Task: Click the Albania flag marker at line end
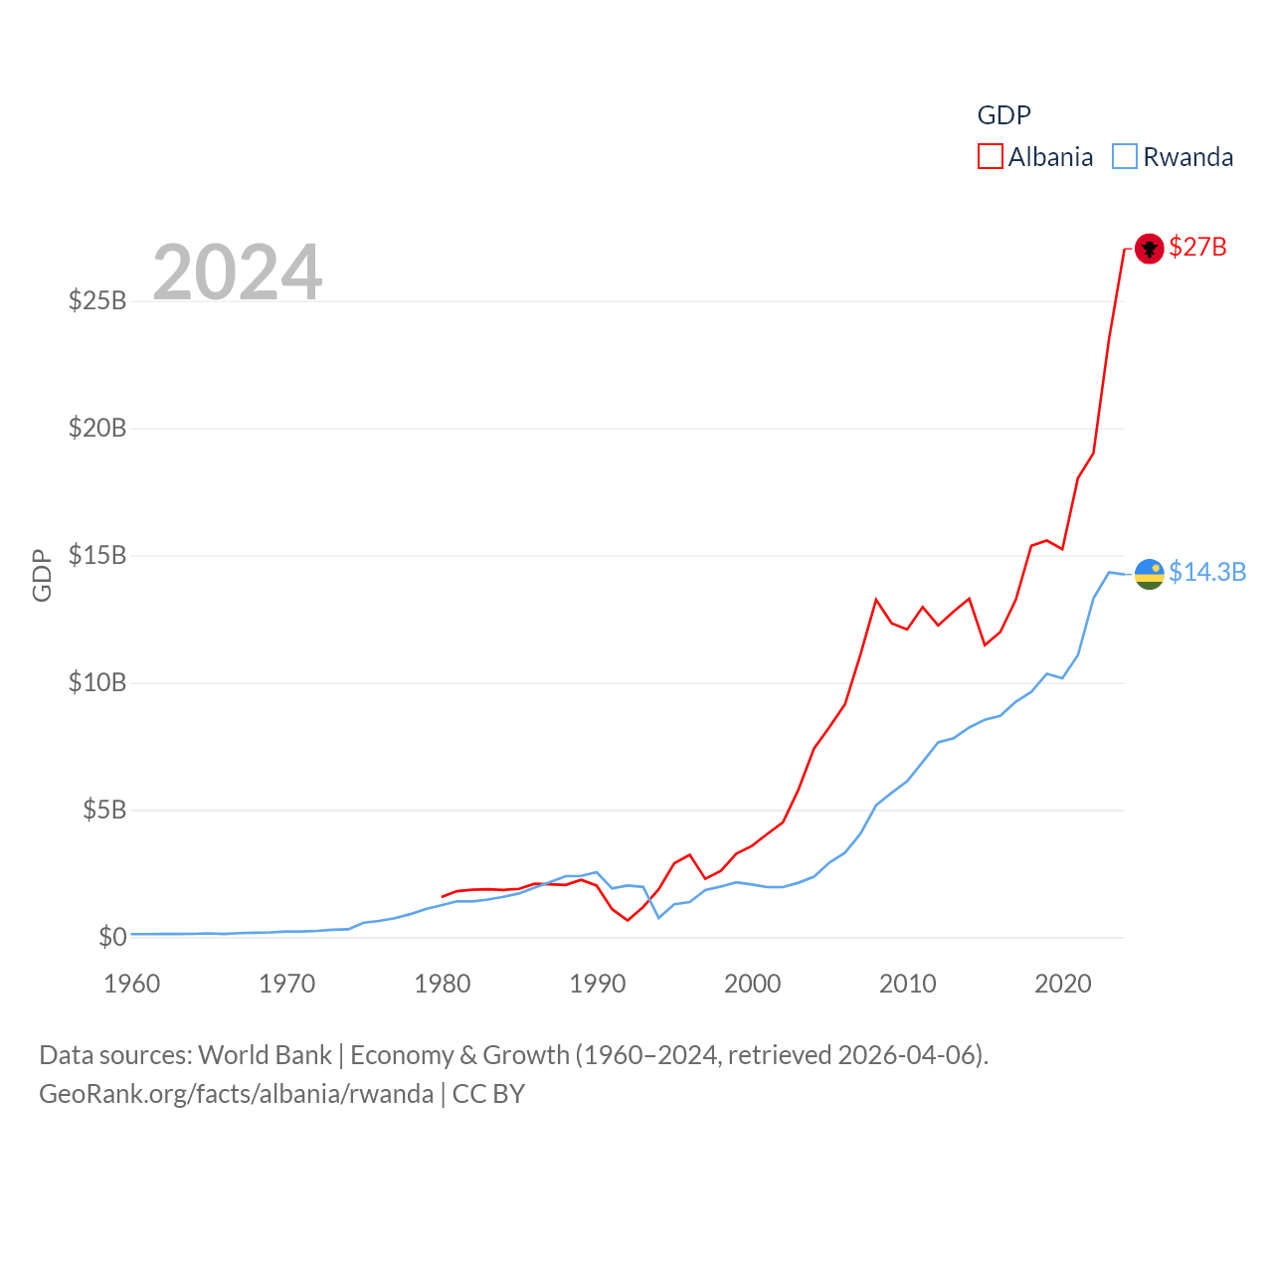pos(1149,248)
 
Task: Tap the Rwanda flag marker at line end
pos(1149,574)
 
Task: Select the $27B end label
pos(1197,247)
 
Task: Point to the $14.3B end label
pos(1207,572)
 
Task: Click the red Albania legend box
pos(991,157)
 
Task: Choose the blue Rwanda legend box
pos(1125,157)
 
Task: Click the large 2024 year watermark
pos(238,272)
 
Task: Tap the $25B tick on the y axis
pos(97,300)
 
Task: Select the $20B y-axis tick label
pos(97,428)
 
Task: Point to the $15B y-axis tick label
pos(97,555)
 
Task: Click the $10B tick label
pos(97,682)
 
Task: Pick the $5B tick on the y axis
pos(104,810)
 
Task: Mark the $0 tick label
pos(112,937)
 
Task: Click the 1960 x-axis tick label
pos(132,984)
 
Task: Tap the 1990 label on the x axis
pos(598,984)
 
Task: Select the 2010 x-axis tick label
pos(908,984)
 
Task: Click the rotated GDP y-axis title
pos(42,575)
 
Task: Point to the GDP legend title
pos(1003,115)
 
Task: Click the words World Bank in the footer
pos(265,1055)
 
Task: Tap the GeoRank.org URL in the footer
pos(236,1094)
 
